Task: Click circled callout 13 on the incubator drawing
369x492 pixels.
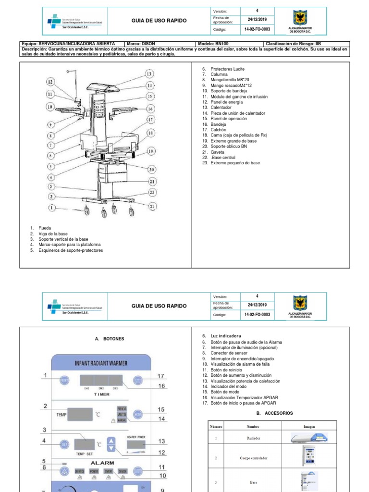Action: point(149,74)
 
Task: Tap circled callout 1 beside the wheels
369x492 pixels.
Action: point(51,208)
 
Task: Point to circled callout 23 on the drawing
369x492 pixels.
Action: point(152,207)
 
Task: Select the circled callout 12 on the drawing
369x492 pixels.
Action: point(50,82)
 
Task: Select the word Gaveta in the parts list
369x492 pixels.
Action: point(216,152)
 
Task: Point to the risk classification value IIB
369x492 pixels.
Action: point(318,43)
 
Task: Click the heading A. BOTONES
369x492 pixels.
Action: point(110,339)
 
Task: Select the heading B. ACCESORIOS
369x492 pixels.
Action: point(274,413)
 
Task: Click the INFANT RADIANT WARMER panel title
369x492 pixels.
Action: point(101,363)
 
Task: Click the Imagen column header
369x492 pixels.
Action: point(309,426)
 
